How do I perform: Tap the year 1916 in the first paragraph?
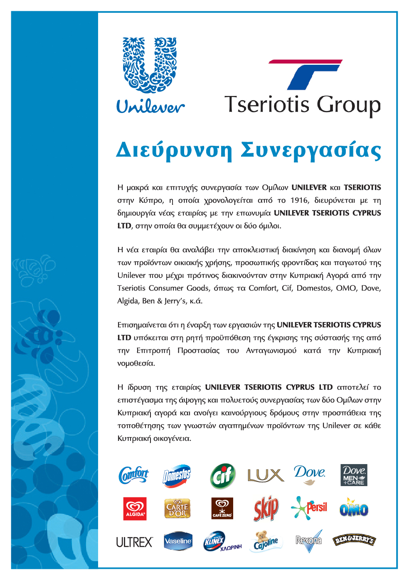[299, 200]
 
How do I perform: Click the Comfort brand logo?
[133, 474]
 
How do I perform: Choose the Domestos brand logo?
[177, 475]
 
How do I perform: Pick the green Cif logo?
[223, 476]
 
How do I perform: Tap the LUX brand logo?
[266, 475]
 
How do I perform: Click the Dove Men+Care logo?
[354, 475]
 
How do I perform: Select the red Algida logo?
[135, 509]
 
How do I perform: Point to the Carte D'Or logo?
[177, 509]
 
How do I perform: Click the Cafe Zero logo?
[222, 509]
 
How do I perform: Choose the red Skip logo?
[266, 508]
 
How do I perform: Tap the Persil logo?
[310, 507]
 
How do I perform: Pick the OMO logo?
[354, 508]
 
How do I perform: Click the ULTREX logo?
[134, 542]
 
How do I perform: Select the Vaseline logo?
[178, 541]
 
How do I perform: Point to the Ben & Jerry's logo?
[354, 540]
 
